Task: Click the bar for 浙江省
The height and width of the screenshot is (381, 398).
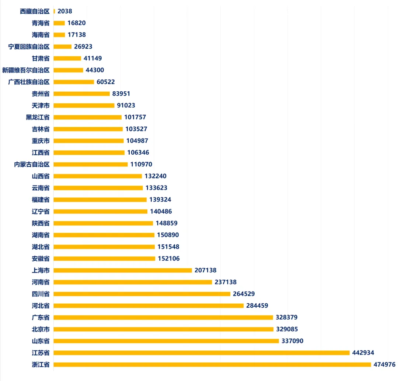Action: [x=212, y=364]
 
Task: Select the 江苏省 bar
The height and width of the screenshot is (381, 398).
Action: [x=202, y=353]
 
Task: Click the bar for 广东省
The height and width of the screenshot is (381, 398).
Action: [x=163, y=317]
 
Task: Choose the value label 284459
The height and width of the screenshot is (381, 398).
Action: [x=257, y=306]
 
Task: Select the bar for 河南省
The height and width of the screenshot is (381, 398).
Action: [x=133, y=282]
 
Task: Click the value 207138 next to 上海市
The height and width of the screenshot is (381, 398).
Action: [x=206, y=270]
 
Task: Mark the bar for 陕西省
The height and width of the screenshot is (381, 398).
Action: [x=103, y=223]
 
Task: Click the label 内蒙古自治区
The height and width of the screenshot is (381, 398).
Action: [x=32, y=164]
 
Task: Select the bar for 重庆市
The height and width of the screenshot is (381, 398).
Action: [x=88, y=141]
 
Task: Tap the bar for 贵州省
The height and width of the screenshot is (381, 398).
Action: [x=81, y=94]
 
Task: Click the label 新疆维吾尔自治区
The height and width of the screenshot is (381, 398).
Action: [x=26, y=70]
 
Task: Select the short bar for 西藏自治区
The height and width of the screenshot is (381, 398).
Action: [x=54, y=11]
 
